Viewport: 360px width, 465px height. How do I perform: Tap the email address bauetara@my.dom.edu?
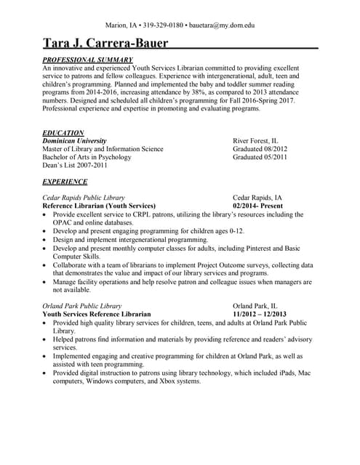click(222, 25)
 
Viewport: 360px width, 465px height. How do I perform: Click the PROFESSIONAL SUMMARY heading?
click(87, 59)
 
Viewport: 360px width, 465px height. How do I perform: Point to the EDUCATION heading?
click(63, 132)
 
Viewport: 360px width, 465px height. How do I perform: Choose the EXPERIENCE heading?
click(65, 181)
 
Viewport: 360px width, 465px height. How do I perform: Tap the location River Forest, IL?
click(255, 141)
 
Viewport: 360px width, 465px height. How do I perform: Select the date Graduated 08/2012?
click(260, 149)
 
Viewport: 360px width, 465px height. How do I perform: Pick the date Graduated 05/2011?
click(260, 157)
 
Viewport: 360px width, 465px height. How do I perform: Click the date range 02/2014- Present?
click(260, 206)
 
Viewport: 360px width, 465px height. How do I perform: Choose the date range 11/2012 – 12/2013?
click(260, 314)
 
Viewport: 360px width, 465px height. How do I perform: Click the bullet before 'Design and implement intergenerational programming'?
click(47, 239)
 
